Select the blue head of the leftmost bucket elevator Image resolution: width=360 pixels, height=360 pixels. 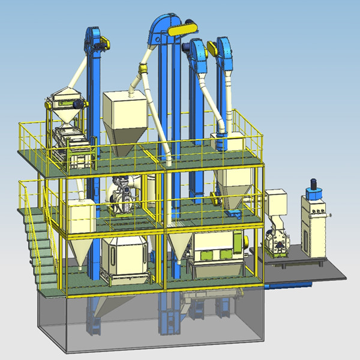tap(94, 40)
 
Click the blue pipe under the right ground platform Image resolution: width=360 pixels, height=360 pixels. tap(288, 287)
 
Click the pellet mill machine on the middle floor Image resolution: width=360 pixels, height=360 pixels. tap(124, 195)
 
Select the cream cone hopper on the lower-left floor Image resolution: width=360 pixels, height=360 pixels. tap(79, 234)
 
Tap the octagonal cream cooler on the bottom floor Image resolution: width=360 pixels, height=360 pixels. tap(125, 255)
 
